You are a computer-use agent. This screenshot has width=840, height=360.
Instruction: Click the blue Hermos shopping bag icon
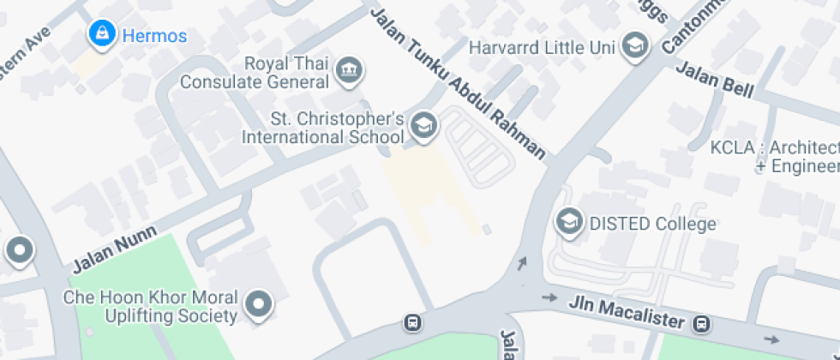(x=103, y=34)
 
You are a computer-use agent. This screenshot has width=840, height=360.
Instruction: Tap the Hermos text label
(x=153, y=36)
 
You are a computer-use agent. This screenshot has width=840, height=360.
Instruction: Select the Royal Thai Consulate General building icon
(x=349, y=70)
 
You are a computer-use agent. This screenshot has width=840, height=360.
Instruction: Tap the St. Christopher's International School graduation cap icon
(x=423, y=126)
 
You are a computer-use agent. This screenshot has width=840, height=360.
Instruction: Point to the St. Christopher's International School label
(x=322, y=127)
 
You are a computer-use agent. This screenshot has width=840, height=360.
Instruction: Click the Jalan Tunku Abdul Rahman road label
(x=459, y=84)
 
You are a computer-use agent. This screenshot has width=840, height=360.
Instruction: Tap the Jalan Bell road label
(x=714, y=80)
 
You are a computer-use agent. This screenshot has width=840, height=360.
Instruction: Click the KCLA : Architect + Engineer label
(x=774, y=157)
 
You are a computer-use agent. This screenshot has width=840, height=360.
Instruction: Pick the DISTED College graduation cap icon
(x=567, y=224)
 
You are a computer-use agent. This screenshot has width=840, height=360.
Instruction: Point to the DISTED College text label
(x=652, y=225)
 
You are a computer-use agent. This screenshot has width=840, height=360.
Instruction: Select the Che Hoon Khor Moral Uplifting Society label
(x=151, y=307)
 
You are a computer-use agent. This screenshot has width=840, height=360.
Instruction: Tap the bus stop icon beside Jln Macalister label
(x=702, y=324)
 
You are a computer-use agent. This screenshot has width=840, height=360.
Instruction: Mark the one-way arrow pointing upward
(x=523, y=263)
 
